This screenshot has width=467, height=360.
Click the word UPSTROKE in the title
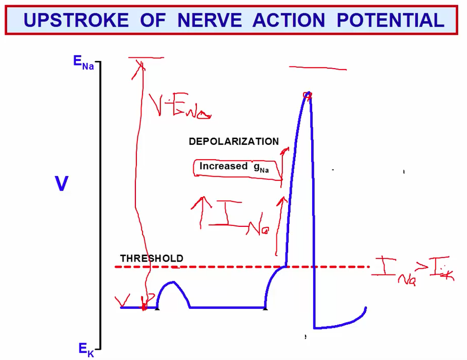click(x=76, y=20)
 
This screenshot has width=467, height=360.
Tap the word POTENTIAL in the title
click(x=390, y=20)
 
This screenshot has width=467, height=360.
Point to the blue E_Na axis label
click(x=84, y=62)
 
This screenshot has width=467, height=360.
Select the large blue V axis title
click(x=62, y=184)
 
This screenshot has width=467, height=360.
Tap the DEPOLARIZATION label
click(x=234, y=142)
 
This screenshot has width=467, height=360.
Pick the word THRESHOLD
click(x=151, y=259)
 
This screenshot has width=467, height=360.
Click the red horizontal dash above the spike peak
click(x=318, y=68)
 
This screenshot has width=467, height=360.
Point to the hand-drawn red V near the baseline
click(x=123, y=300)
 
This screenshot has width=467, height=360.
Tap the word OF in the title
click(x=153, y=20)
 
